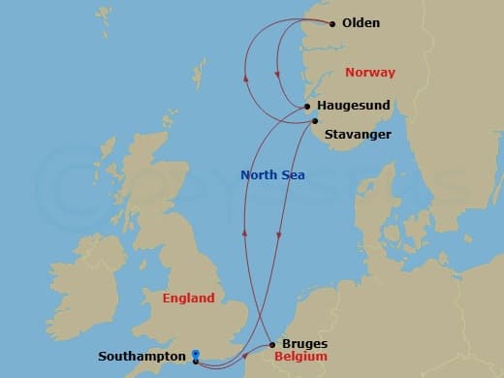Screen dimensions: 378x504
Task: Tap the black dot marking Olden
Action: tap(332, 23)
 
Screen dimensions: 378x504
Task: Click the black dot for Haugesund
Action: tap(306, 108)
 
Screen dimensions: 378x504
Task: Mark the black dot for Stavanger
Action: tap(314, 121)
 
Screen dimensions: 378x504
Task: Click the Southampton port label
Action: tap(142, 356)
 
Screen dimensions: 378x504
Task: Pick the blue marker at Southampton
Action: tap(196, 357)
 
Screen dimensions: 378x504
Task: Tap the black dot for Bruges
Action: tap(272, 344)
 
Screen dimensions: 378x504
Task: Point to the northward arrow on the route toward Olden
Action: tap(246, 79)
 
